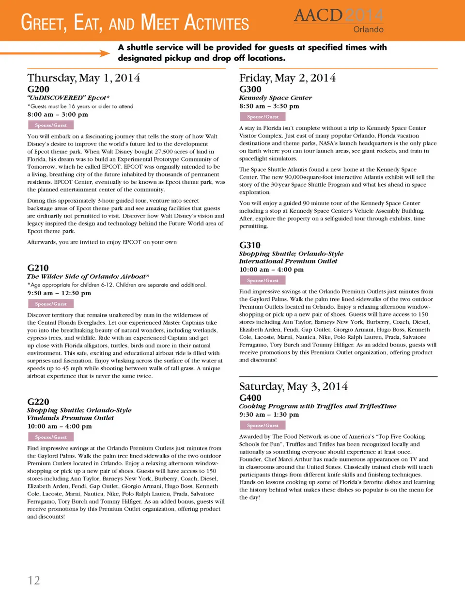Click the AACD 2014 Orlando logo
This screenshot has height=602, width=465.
339,20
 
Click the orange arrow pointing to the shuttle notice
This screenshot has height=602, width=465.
55,53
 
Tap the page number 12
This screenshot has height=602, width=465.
34,580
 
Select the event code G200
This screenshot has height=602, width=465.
38,89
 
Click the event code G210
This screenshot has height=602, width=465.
38,268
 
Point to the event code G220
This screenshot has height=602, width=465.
38,402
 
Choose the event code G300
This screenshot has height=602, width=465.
250,89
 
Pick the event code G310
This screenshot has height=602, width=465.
250,245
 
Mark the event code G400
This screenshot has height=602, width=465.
250,398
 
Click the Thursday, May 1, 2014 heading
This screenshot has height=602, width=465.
84,78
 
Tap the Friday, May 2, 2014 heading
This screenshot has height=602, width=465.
287,78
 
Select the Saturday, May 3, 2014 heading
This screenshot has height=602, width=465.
294,386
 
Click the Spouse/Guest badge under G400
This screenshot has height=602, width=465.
263,425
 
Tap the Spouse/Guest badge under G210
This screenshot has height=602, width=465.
51,304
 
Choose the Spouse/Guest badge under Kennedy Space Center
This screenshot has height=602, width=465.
263,117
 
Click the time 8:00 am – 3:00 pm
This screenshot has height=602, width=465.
58,115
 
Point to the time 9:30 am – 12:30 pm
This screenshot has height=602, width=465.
59,293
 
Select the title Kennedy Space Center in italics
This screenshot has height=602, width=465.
275,98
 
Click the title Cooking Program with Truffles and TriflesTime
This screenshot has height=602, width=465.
318,406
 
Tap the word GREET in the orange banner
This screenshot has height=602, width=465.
44,23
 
